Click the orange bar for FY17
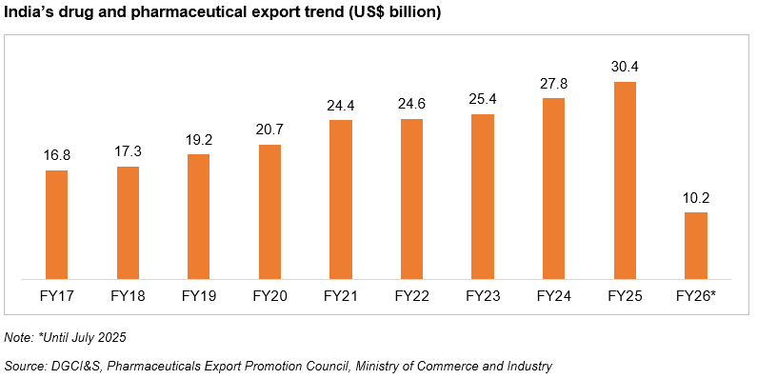coord(57,225)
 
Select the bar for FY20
coord(269,212)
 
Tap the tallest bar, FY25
coord(625,181)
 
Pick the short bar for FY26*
coord(696,246)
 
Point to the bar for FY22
coord(411,199)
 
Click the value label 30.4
coord(625,67)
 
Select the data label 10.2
coord(696,198)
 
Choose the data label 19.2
coord(199,140)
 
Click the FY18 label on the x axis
coord(128,296)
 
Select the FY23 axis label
coord(483,296)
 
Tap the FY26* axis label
coord(696,296)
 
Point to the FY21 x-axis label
coord(341,296)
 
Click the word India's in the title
coord(30,12)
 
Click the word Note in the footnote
coord(17,338)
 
